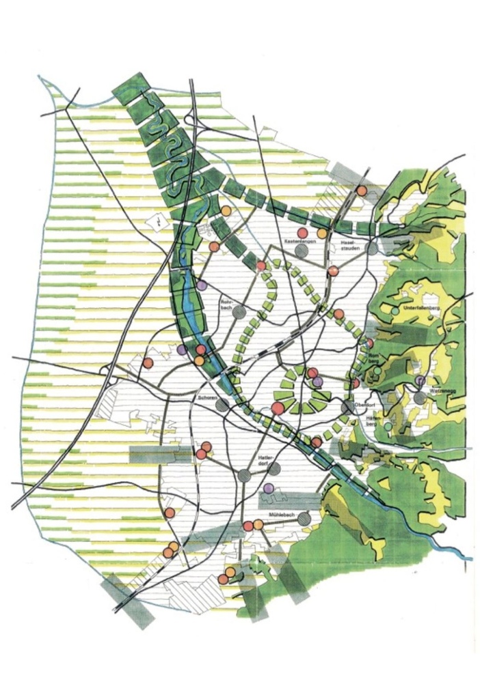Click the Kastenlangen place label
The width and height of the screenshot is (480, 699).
point(299,242)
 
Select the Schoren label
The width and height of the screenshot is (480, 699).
point(207,397)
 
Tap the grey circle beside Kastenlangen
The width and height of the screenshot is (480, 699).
point(302,251)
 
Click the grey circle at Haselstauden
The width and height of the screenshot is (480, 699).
point(372,249)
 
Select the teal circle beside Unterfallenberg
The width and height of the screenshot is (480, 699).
point(395,311)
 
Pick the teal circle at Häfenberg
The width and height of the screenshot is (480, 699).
point(388,427)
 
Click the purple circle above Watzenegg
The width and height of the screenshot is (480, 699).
point(420,381)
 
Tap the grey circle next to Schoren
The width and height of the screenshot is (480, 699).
point(222,405)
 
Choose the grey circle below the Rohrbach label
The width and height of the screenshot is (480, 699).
point(239,312)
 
